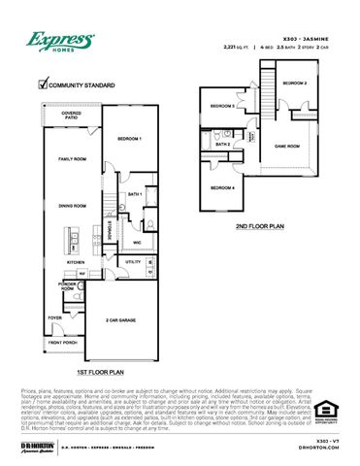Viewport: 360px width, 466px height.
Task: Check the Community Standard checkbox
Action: pyautogui.click(x=42, y=85)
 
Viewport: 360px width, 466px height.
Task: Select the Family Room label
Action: pyautogui.click(x=72, y=157)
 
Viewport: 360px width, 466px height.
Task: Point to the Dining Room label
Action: pyautogui.click(x=72, y=205)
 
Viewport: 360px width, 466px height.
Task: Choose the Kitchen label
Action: pyautogui.click(x=76, y=262)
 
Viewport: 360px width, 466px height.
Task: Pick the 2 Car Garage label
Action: pyautogui.click(x=121, y=318)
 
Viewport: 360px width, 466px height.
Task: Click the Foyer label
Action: pyautogui.click(x=56, y=316)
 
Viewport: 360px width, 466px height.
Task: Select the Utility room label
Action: pyautogui.click(x=133, y=262)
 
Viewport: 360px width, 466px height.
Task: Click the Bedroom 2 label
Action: pyautogui.click(x=295, y=83)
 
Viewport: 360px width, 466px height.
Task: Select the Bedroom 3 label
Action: pyautogui.click(x=223, y=105)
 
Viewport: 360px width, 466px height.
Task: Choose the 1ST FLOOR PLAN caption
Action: pyautogui.click(x=101, y=372)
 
